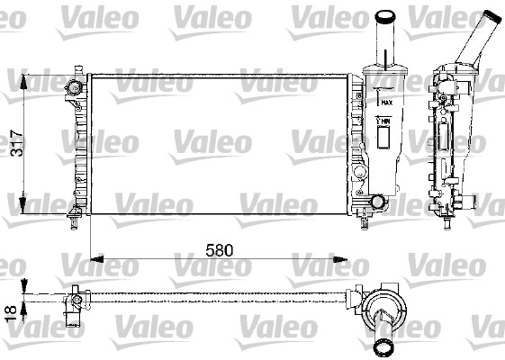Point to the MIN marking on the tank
click(x=384, y=121)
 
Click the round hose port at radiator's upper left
click(x=73, y=87)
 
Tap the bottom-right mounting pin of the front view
click(x=364, y=213)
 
